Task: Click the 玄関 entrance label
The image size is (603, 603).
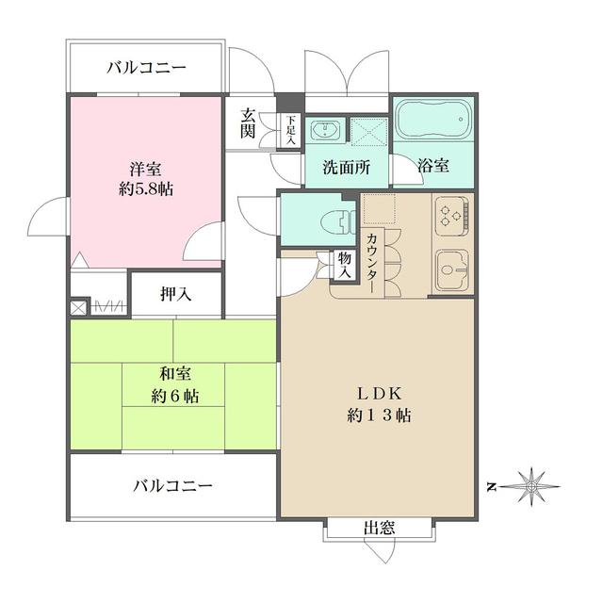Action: click(x=248, y=122)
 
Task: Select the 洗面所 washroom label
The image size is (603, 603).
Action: click(x=346, y=166)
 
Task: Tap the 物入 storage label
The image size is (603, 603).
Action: click(x=345, y=263)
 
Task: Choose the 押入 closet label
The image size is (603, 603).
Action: click(x=175, y=294)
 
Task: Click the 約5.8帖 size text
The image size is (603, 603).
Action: click(x=145, y=187)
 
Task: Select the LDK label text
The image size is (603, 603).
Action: click(x=376, y=392)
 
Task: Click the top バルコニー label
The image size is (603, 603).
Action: click(x=146, y=67)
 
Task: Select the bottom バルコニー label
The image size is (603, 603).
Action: click(x=171, y=486)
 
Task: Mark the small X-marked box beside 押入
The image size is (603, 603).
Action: click(x=78, y=306)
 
